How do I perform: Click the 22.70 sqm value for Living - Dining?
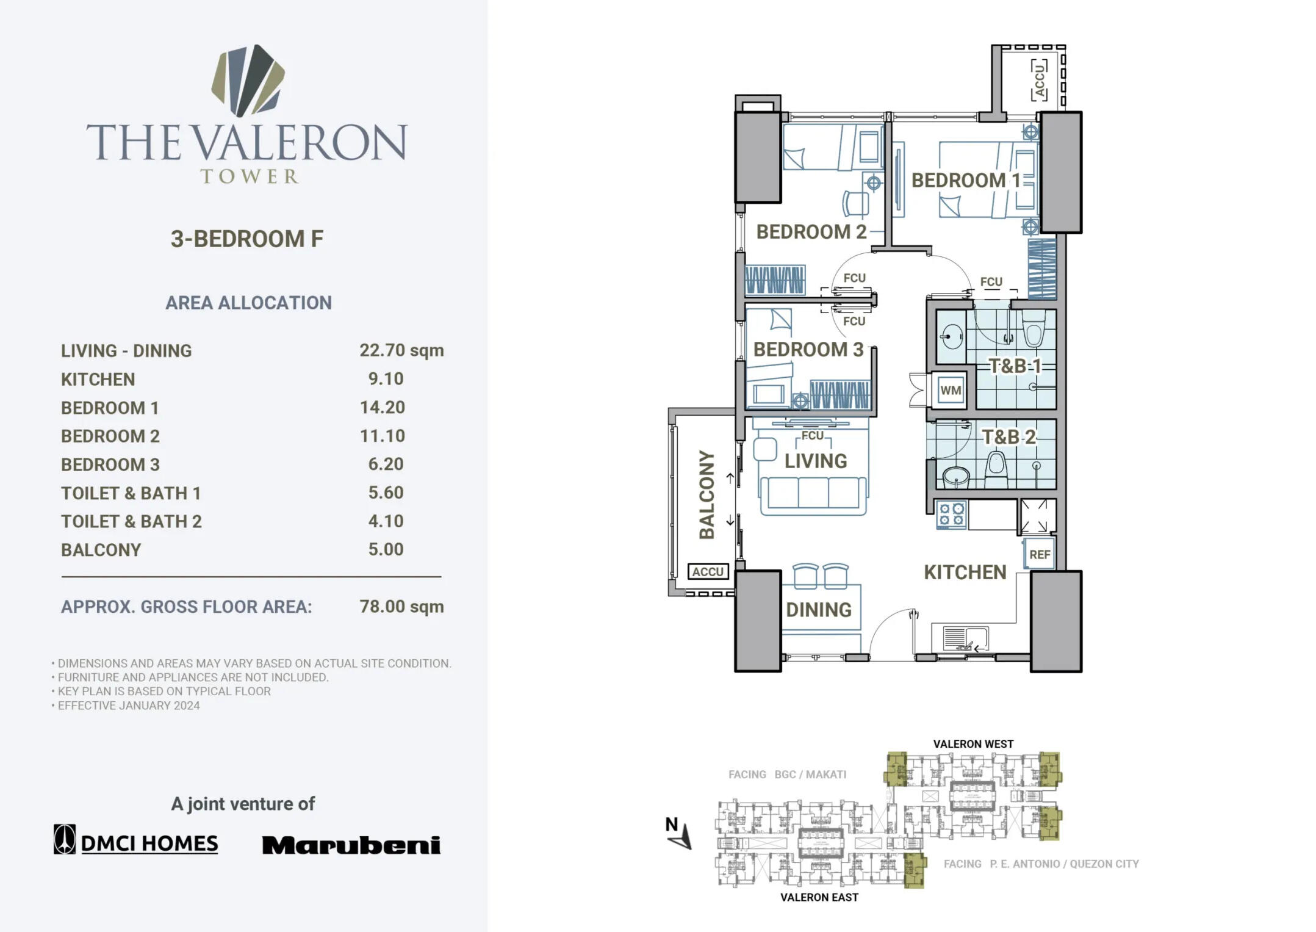401,350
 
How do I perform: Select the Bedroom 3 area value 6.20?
385,464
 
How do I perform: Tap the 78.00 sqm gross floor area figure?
401,607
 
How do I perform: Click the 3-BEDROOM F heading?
246,239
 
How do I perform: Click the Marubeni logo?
351,845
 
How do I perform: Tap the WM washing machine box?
950,390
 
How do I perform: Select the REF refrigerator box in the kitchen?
1039,554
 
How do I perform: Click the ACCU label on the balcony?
708,572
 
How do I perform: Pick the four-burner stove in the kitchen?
951,514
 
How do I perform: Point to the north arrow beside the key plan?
680,833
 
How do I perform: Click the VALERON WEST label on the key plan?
973,744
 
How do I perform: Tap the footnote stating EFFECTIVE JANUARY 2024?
128,706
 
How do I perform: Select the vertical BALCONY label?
707,495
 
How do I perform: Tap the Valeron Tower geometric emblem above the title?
248,79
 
